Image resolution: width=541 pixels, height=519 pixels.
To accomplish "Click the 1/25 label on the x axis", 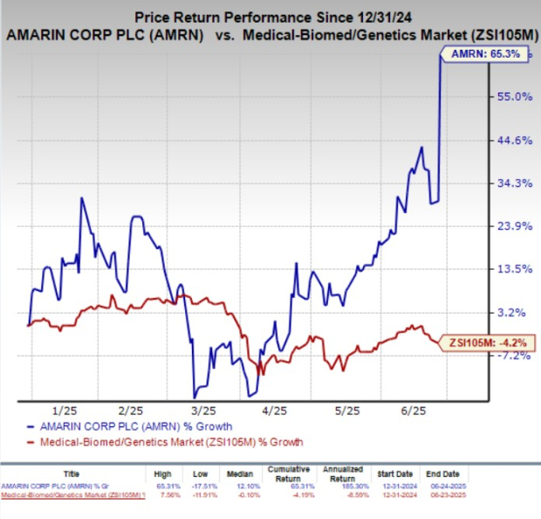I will coord(66,409).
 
